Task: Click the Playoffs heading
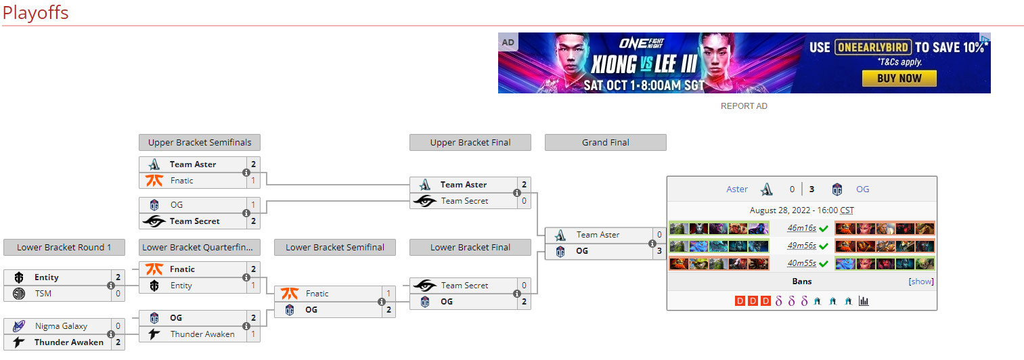click(35, 13)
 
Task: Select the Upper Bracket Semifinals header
click(200, 142)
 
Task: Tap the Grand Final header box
click(605, 142)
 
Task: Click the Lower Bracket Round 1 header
click(64, 247)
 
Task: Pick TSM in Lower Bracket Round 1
click(43, 294)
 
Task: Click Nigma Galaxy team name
click(61, 326)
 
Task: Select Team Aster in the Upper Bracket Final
click(463, 185)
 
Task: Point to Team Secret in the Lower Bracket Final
click(464, 286)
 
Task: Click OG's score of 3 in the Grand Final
click(659, 251)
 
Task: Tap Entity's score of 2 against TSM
click(118, 277)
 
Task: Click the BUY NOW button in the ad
click(899, 78)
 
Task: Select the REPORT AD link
click(744, 106)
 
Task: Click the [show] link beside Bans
click(920, 282)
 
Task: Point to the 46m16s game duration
click(801, 229)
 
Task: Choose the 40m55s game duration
click(801, 264)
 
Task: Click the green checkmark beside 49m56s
click(824, 246)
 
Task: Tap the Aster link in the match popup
click(737, 189)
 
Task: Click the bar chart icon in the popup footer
click(864, 301)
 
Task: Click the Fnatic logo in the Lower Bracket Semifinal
click(290, 294)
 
